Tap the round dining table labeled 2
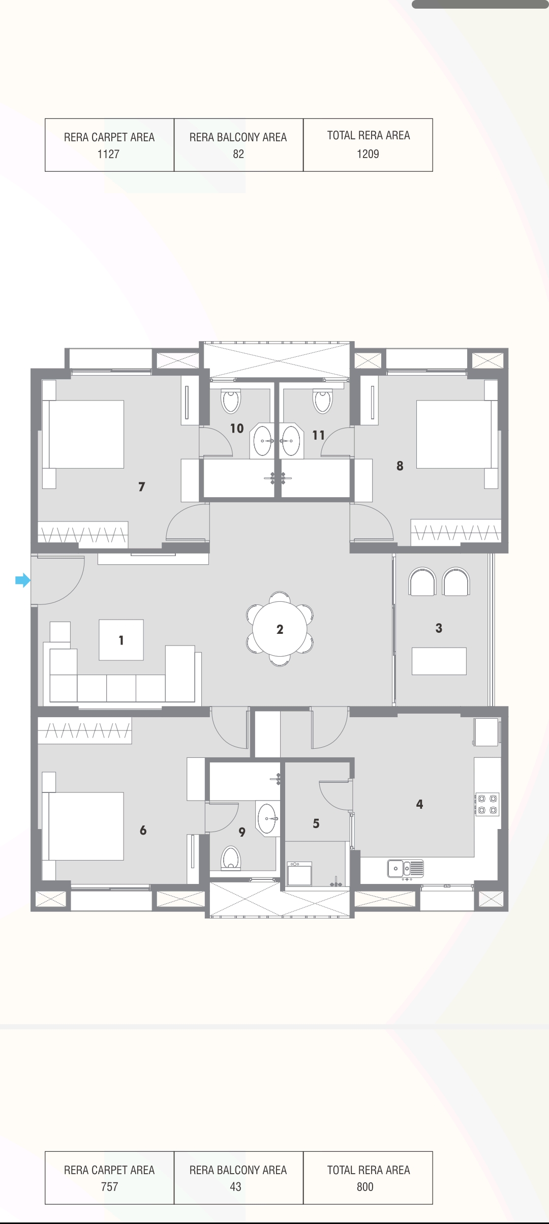280,629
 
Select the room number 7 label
142,486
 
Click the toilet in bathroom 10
231,401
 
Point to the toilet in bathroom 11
322,401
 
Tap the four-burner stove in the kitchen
486,804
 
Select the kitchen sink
405,868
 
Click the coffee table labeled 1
121,639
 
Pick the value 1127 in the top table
108,154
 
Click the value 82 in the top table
238,154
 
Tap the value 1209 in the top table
368,154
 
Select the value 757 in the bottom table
109,1187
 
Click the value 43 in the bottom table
235,1187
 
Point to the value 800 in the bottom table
365,1187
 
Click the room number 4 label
419,804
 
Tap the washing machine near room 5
299,873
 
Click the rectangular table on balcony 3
439,661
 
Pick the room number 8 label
400,466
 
